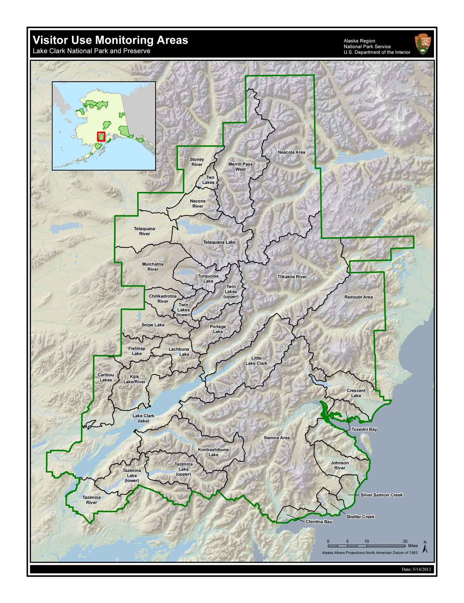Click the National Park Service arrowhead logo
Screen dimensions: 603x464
tap(423, 44)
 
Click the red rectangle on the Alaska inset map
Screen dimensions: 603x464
tap(101, 136)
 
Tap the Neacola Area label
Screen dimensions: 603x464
tap(291, 152)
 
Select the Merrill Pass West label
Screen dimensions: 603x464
tap(240, 167)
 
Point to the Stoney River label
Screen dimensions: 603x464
tap(197, 162)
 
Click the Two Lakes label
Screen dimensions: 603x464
tap(209, 180)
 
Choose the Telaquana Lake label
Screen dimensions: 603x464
tap(219, 242)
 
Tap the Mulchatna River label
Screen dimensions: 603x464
tap(153, 267)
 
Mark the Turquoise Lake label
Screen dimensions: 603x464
tap(208, 279)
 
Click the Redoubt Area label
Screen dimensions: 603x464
tap(358, 297)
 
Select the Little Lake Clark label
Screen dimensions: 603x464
tap(256, 361)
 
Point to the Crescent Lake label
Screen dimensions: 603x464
tap(356, 393)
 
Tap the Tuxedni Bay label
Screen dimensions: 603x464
tap(364, 430)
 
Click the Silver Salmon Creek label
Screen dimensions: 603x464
tap(381, 495)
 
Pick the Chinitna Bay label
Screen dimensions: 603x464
tap(319, 522)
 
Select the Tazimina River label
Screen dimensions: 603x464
tap(91, 500)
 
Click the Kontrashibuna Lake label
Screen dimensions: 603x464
tap(213, 452)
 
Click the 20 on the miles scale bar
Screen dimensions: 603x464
tap(405, 541)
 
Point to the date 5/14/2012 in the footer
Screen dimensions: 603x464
tap(416, 569)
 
